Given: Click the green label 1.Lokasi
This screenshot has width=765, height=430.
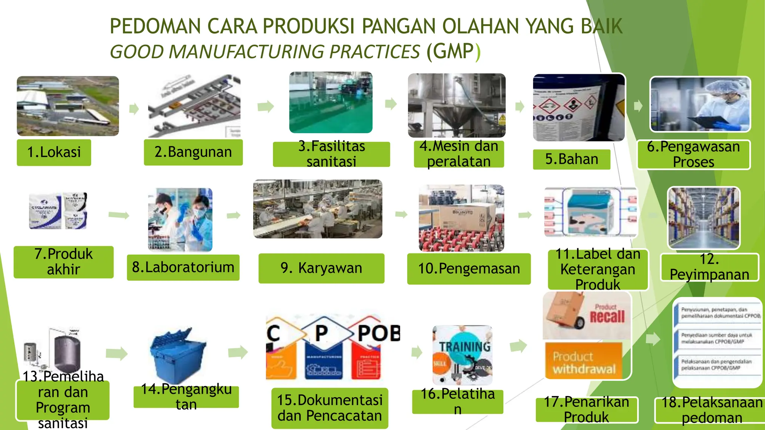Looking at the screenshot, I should pos(54,152).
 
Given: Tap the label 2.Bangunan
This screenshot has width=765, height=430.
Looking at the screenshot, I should pos(193,152).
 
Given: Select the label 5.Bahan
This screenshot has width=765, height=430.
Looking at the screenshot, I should pos(572,159).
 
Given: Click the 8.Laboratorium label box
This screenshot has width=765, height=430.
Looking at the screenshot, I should pos(183,267).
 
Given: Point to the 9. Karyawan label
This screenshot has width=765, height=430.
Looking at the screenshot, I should pos(321,268).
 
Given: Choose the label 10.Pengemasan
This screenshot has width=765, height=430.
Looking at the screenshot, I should pos(469,269).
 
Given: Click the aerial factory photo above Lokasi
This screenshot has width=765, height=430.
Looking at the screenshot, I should pos(68,106).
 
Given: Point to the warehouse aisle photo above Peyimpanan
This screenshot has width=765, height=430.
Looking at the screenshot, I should pos(704,218).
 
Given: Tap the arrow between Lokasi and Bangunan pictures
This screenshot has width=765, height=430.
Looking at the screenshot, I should pos(134,109).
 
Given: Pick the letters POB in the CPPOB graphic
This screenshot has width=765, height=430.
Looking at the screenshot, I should pos(378,333).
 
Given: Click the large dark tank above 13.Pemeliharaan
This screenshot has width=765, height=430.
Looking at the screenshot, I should pos(67,353).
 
